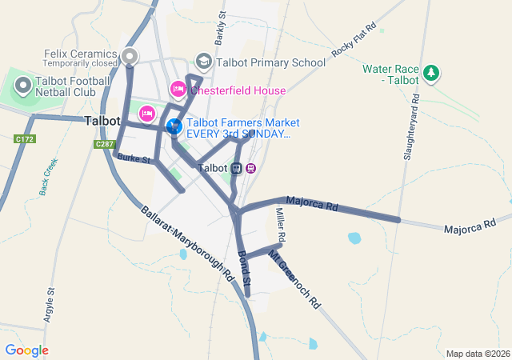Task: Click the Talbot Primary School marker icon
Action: (203, 62)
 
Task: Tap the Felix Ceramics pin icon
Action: (130, 56)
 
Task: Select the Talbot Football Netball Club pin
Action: (22, 84)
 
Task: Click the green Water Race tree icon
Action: (431, 74)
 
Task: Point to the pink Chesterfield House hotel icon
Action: (178, 90)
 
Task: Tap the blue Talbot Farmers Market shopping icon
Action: (174, 126)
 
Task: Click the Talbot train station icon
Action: (237, 168)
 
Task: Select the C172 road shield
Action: (25, 139)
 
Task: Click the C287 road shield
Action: (105, 144)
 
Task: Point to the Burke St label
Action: (134, 159)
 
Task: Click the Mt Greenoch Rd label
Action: (294, 280)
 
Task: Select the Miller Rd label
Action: (281, 223)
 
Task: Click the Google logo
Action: (26, 350)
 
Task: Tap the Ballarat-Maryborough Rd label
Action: (187, 243)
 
